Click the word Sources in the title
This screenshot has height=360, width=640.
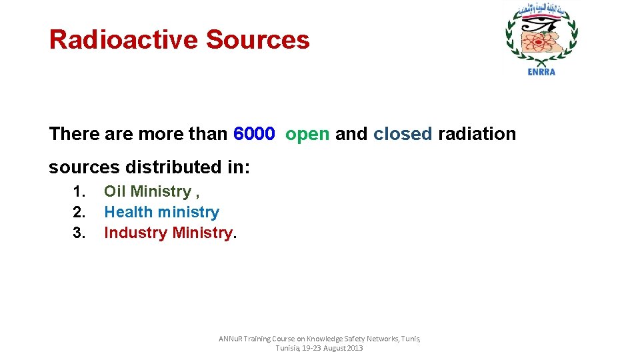(258, 40)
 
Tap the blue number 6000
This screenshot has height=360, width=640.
(254, 134)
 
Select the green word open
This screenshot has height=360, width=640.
(307, 134)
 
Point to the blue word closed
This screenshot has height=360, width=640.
(403, 134)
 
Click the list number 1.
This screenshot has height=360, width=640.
(79, 192)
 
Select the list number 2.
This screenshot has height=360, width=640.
(79, 213)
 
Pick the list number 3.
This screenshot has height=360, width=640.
(79, 233)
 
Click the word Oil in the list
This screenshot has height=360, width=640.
(115, 192)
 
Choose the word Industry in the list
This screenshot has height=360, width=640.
(135, 233)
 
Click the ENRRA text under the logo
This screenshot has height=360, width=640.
(541, 72)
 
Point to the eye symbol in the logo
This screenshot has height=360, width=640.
(541, 27)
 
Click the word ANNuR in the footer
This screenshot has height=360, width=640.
(231, 339)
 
